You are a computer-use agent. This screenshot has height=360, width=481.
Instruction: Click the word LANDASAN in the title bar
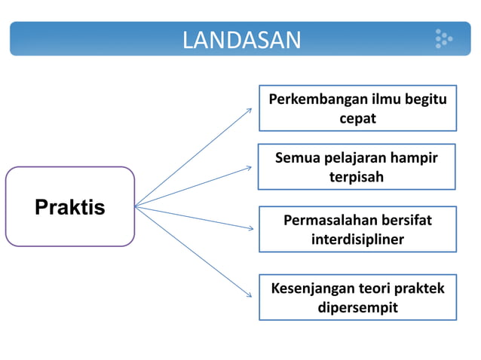click(x=241, y=40)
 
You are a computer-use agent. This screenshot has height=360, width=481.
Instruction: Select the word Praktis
click(x=70, y=207)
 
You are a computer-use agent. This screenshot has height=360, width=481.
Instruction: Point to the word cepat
click(x=357, y=118)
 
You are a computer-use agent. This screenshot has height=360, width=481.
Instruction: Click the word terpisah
click(x=357, y=178)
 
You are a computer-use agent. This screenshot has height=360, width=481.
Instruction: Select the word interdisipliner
click(x=357, y=239)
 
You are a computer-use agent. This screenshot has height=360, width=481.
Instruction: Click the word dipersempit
click(x=357, y=308)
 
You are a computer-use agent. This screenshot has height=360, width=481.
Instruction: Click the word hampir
click(x=413, y=158)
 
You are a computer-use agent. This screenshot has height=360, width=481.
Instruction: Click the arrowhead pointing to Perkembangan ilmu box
click(x=249, y=110)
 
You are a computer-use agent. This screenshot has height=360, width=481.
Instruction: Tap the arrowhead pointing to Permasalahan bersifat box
click(x=249, y=228)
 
